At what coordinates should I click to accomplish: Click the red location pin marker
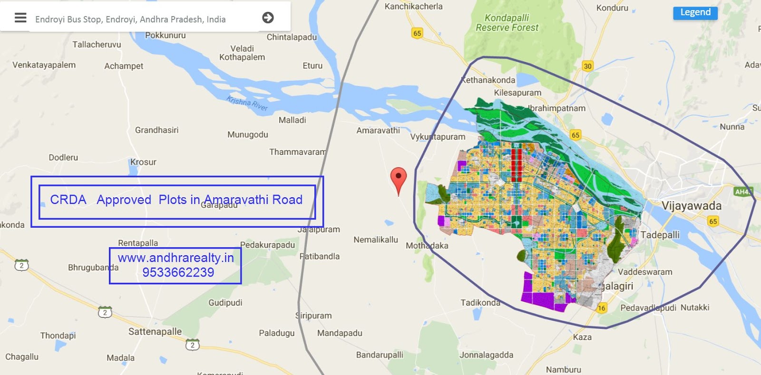399,178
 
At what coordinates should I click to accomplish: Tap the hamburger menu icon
20,18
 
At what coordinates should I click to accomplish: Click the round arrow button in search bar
268,18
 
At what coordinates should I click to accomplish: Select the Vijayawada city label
691,206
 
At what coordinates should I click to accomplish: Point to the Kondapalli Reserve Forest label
507,23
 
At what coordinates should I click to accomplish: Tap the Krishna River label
247,103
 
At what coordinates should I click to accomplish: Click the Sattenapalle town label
155,331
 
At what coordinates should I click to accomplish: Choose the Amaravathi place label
378,130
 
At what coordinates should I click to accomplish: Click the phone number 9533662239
178,272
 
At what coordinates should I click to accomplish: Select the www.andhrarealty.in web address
176,258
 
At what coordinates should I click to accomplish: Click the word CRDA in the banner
68,200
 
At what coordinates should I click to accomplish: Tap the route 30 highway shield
588,66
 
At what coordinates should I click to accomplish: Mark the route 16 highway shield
602,308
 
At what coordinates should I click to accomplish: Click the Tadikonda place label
480,303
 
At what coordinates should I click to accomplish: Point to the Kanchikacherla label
413,7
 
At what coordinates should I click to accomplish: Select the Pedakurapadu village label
267,245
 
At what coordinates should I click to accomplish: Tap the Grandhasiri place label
156,130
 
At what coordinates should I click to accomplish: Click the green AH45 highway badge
743,192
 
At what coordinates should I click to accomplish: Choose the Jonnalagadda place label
486,355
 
